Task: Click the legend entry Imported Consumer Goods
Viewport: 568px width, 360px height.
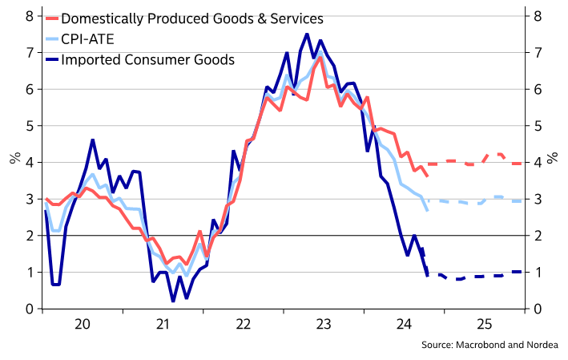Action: pos(147,59)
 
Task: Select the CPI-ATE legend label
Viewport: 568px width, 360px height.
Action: pos(87,38)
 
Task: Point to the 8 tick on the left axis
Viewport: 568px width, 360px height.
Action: pos(30,15)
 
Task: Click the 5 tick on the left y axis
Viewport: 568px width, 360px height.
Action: pos(30,126)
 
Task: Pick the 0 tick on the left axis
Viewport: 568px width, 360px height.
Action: pos(30,309)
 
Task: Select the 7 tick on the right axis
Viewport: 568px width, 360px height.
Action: pos(538,52)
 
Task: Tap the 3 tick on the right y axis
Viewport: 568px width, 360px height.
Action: pos(538,199)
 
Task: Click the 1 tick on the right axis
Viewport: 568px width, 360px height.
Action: pos(538,273)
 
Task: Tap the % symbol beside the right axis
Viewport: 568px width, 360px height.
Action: pos(553,156)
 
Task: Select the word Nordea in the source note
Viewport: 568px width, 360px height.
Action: pos(540,346)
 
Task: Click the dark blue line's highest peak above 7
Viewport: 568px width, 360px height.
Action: pos(307,34)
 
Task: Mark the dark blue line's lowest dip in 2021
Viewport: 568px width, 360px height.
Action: pos(173,301)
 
